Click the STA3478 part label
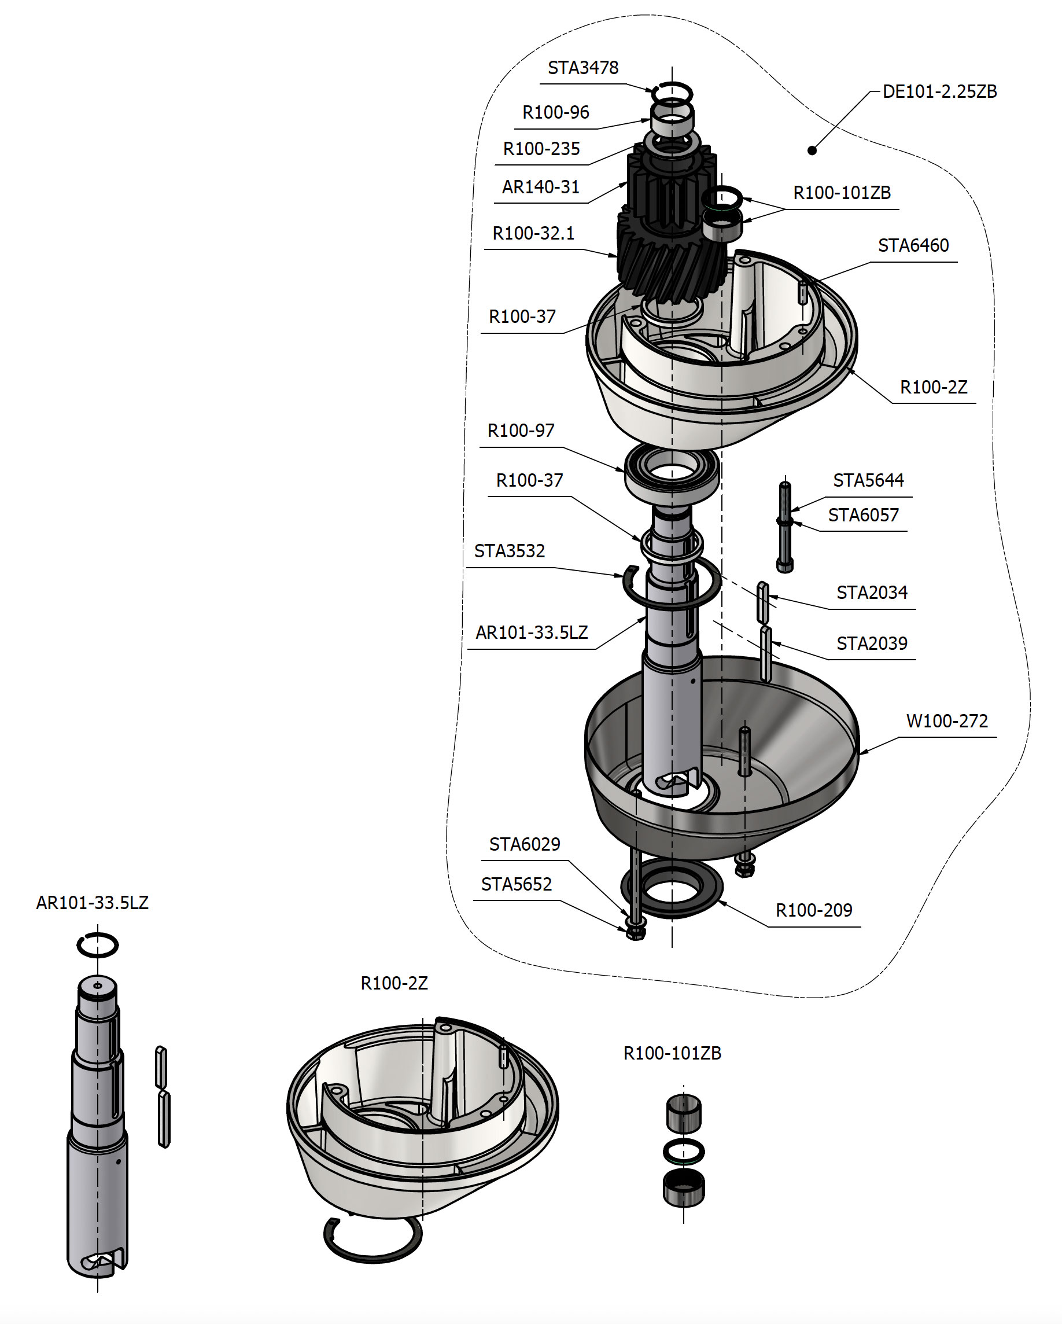click(x=582, y=68)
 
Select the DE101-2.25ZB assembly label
click(x=939, y=91)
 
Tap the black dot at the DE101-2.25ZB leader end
click(x=812, y=150)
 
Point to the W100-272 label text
click(x=946, y=721)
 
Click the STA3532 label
click(x=509, y=551)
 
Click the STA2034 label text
click(x=871, y=593)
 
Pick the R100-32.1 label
click(x=533, y=233)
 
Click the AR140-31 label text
click(x=540, y=187)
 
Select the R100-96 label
click(x=555, y=112)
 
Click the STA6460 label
click(x=913, y=245)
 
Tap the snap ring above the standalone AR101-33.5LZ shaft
click(x=98, y=944)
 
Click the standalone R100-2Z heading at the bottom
click(x=393, y=983)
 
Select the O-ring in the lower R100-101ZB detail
click(x=683, y=1151)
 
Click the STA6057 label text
click(x=862, y=515)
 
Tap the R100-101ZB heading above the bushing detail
click(x=672, y=1053)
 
